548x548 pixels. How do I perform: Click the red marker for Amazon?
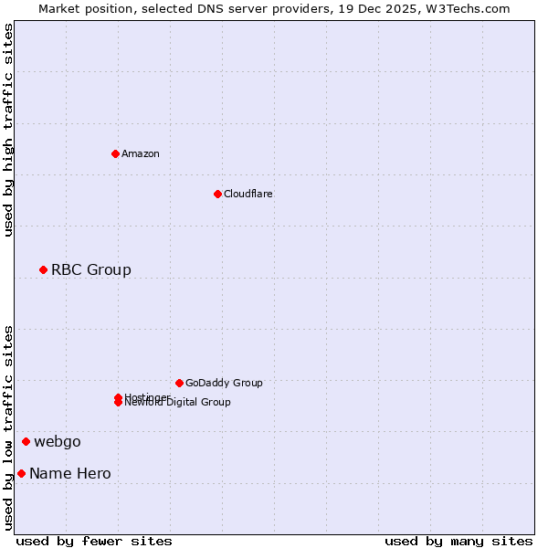point(115,153)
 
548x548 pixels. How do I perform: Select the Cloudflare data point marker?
point(217,194)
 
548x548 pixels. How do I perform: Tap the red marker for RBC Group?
point(43,269)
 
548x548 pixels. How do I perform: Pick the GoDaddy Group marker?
point(179,383)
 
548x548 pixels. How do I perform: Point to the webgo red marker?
point(26,442)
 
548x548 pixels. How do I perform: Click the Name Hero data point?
point(21,473)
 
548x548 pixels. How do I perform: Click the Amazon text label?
point(141,153)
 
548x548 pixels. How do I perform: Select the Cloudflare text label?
point(248,194)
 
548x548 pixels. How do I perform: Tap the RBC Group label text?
point(91,269)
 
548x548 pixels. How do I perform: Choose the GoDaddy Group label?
point(224,383)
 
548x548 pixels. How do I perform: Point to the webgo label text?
point(58,442)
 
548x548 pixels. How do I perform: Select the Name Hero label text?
point(70,473)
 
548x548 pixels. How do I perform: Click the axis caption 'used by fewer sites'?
point(94,541)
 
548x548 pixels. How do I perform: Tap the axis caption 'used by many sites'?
point(458,541)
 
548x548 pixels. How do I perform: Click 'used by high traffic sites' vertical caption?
point(8,130)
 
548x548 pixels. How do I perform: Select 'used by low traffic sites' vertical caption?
point(8,427)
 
